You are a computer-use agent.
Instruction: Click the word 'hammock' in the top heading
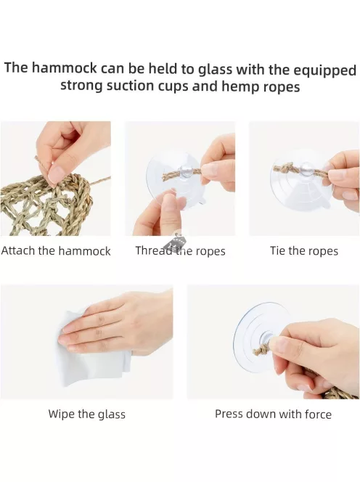pyautogui.click(x=65, y=68)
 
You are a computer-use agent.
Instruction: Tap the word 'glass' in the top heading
pyautogui.click(x=215, y=70)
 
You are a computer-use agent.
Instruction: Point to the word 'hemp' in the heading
pyautogui.click(x=240, y=87)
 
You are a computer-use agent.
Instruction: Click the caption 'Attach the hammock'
pyautogui.click(x=56, y=251)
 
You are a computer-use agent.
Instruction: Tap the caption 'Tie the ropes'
pyautogui.click(x=304, y=251)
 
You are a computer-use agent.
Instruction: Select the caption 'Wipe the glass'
pyautogui.click(x=86, y=414)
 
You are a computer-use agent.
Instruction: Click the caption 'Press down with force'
pyautogui.click(x=273, y=414)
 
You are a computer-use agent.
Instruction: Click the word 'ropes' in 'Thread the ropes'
pyautogui.click(x=210, y=251)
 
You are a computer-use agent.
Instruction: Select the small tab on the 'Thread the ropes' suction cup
pyautogui.click(x=201, y=201)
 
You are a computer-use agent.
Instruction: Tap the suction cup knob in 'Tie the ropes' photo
pyautogui.click(x=306, y=168)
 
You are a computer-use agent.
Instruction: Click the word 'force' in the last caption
pyautogui.click(x=318, y=414)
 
